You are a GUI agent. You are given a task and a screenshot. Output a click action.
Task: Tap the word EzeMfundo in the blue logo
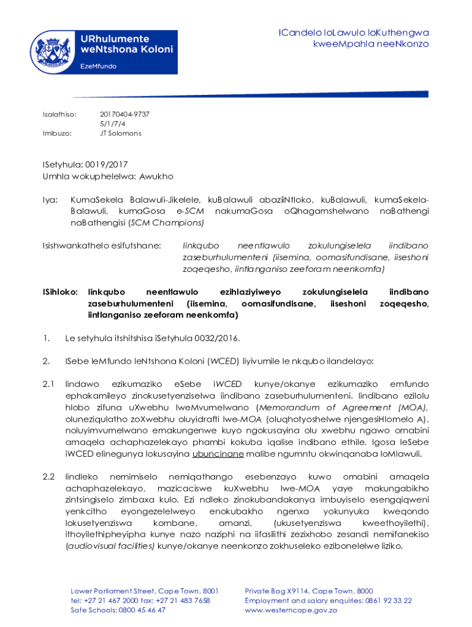coord(99,66)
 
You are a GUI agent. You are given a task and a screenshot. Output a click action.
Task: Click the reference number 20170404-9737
coord(124,115)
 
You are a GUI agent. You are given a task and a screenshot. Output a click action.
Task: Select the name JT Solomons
coord(120,133)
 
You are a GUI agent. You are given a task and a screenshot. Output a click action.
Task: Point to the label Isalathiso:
coord(59,115)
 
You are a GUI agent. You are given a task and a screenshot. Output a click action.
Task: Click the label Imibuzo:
coord(57,133)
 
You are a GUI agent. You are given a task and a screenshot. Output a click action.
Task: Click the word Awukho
coord(156,176)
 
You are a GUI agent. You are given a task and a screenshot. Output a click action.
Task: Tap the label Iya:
coord(50,200)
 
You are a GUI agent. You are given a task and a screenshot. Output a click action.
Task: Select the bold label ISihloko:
coord(60,292)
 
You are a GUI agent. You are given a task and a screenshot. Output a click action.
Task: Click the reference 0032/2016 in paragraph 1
coord(215,338)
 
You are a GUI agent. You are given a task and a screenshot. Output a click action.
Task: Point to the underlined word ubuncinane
coord(218,454)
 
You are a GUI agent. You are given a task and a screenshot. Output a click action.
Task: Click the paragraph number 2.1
coord(49,384)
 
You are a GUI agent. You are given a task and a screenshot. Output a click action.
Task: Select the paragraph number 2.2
coord(49,476)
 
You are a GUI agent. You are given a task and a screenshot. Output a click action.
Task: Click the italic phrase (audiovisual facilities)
coord(110,546)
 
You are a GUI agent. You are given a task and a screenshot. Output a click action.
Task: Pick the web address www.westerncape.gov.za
coord(291,610)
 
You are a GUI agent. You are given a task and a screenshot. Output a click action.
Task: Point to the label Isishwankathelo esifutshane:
coord(101,246)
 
